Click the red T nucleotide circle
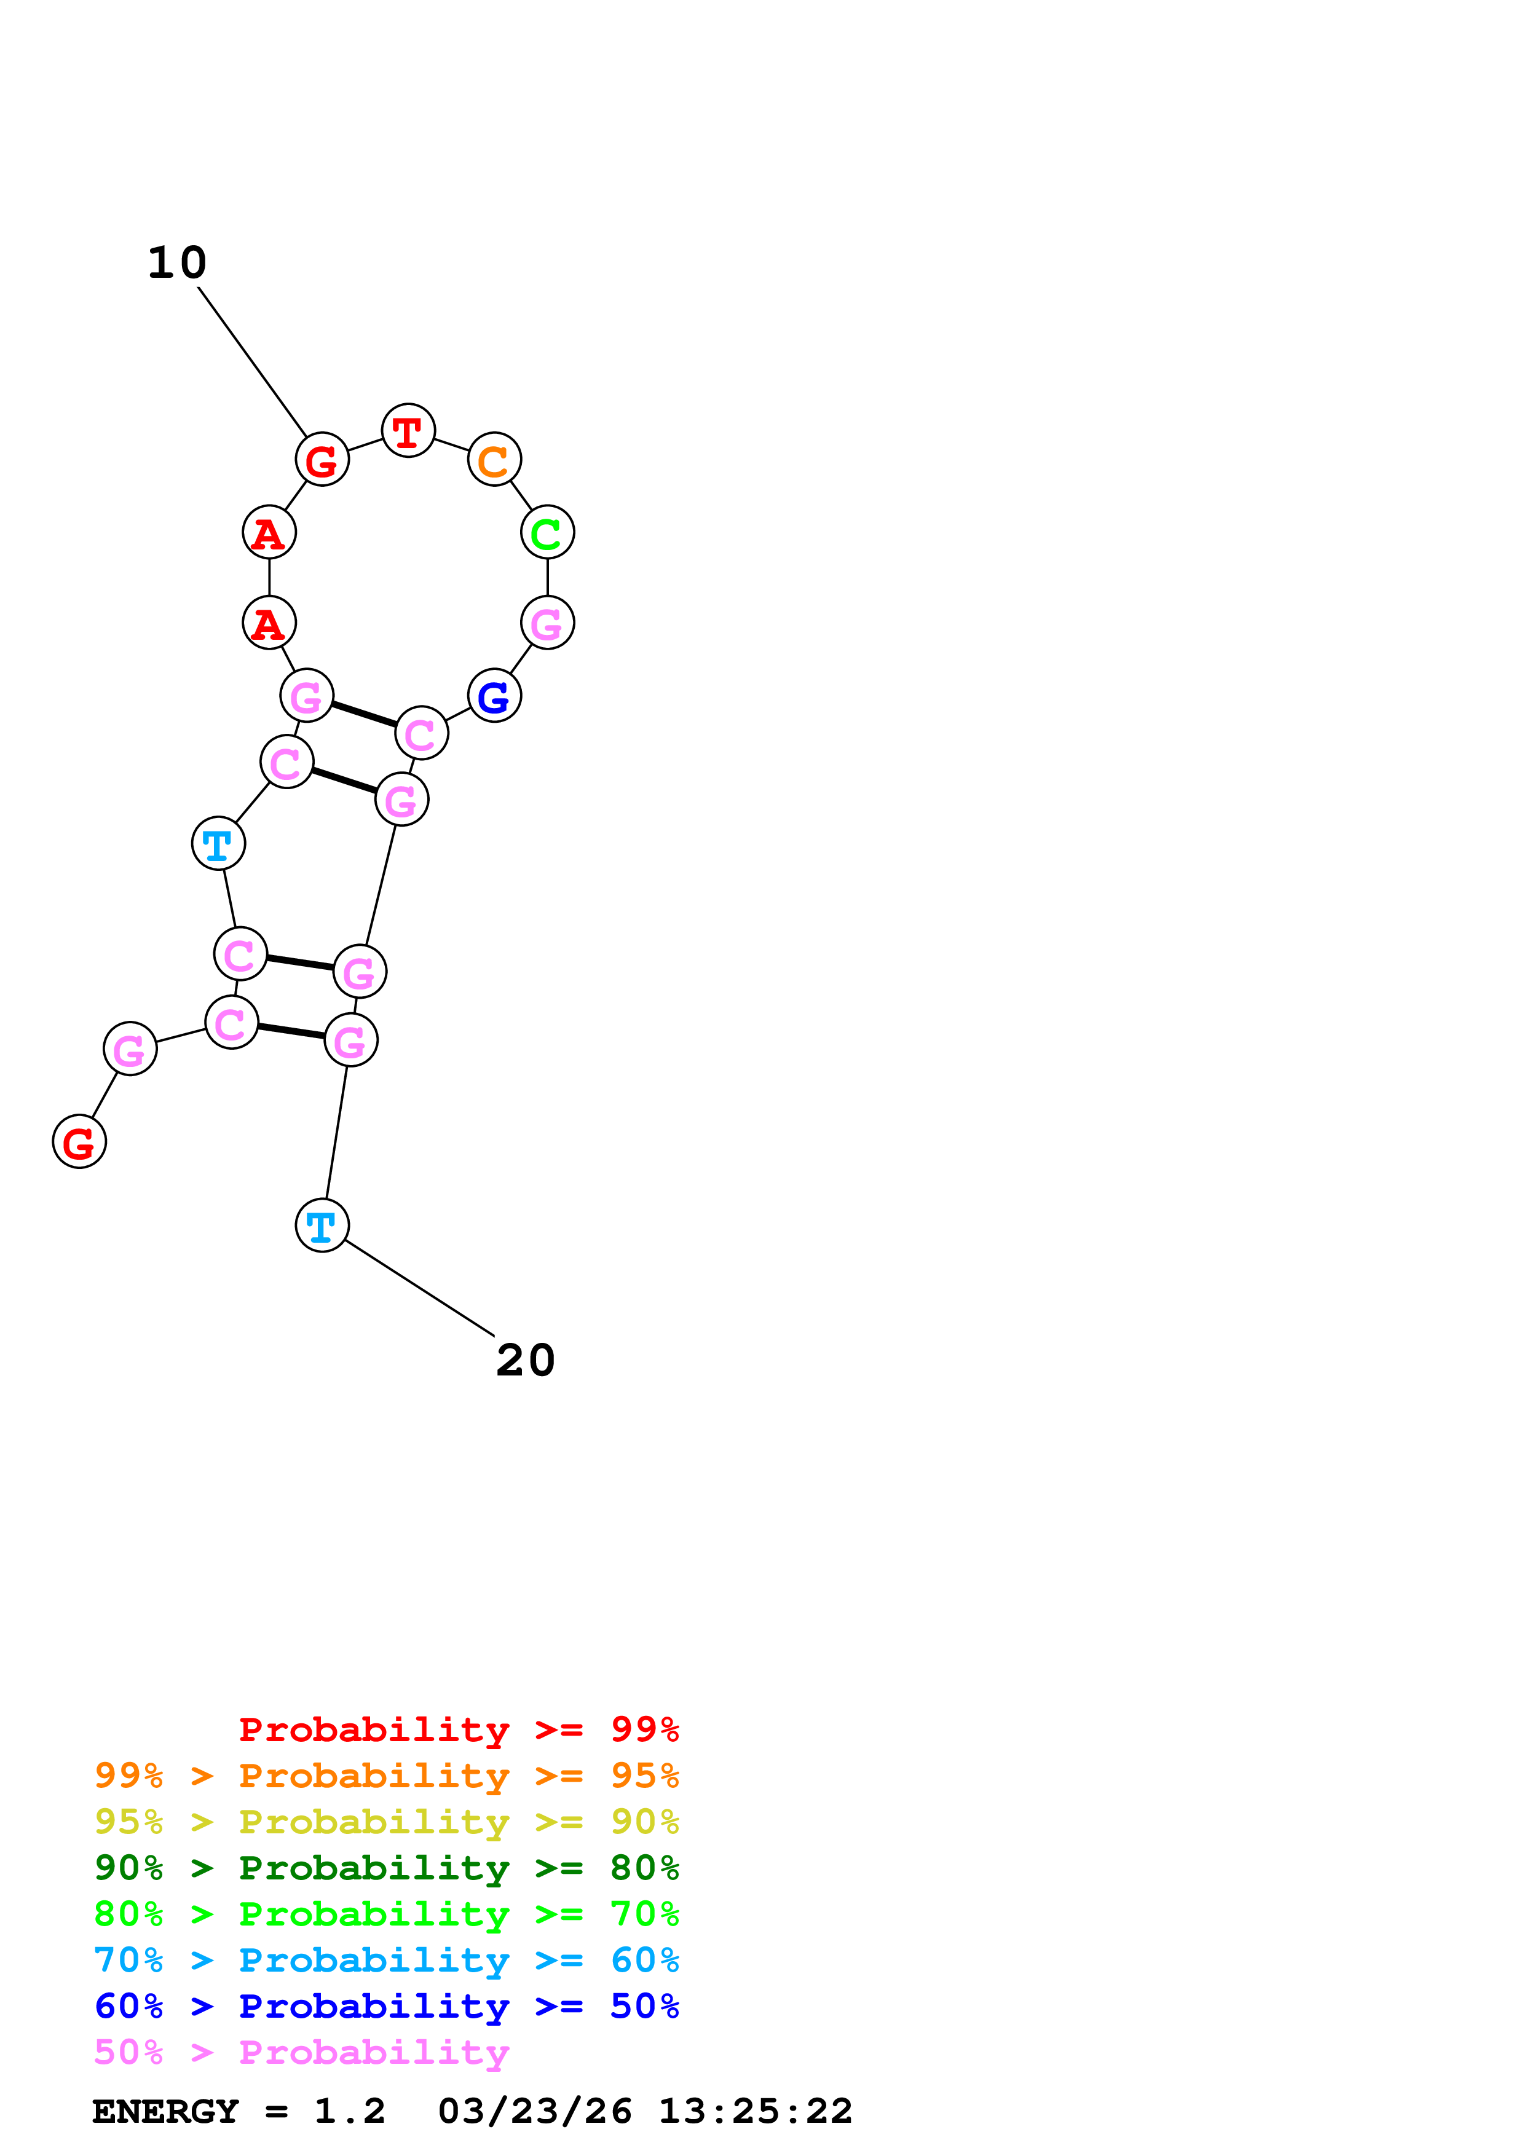tap(408, 431)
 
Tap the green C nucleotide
tap(547, 532)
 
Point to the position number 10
tap(176, 263)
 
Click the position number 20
tap(525, 1361)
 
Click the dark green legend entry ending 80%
tap(386, 1868)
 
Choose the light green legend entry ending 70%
tap(386, 1914)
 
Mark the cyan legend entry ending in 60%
tap(386, 1960)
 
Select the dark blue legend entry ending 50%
tap(386, 2006)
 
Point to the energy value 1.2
tap(349, 2111)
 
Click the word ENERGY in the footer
tap(165, 2111)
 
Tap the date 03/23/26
tap(534, 2111)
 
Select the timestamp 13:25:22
tap(755, 2111)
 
